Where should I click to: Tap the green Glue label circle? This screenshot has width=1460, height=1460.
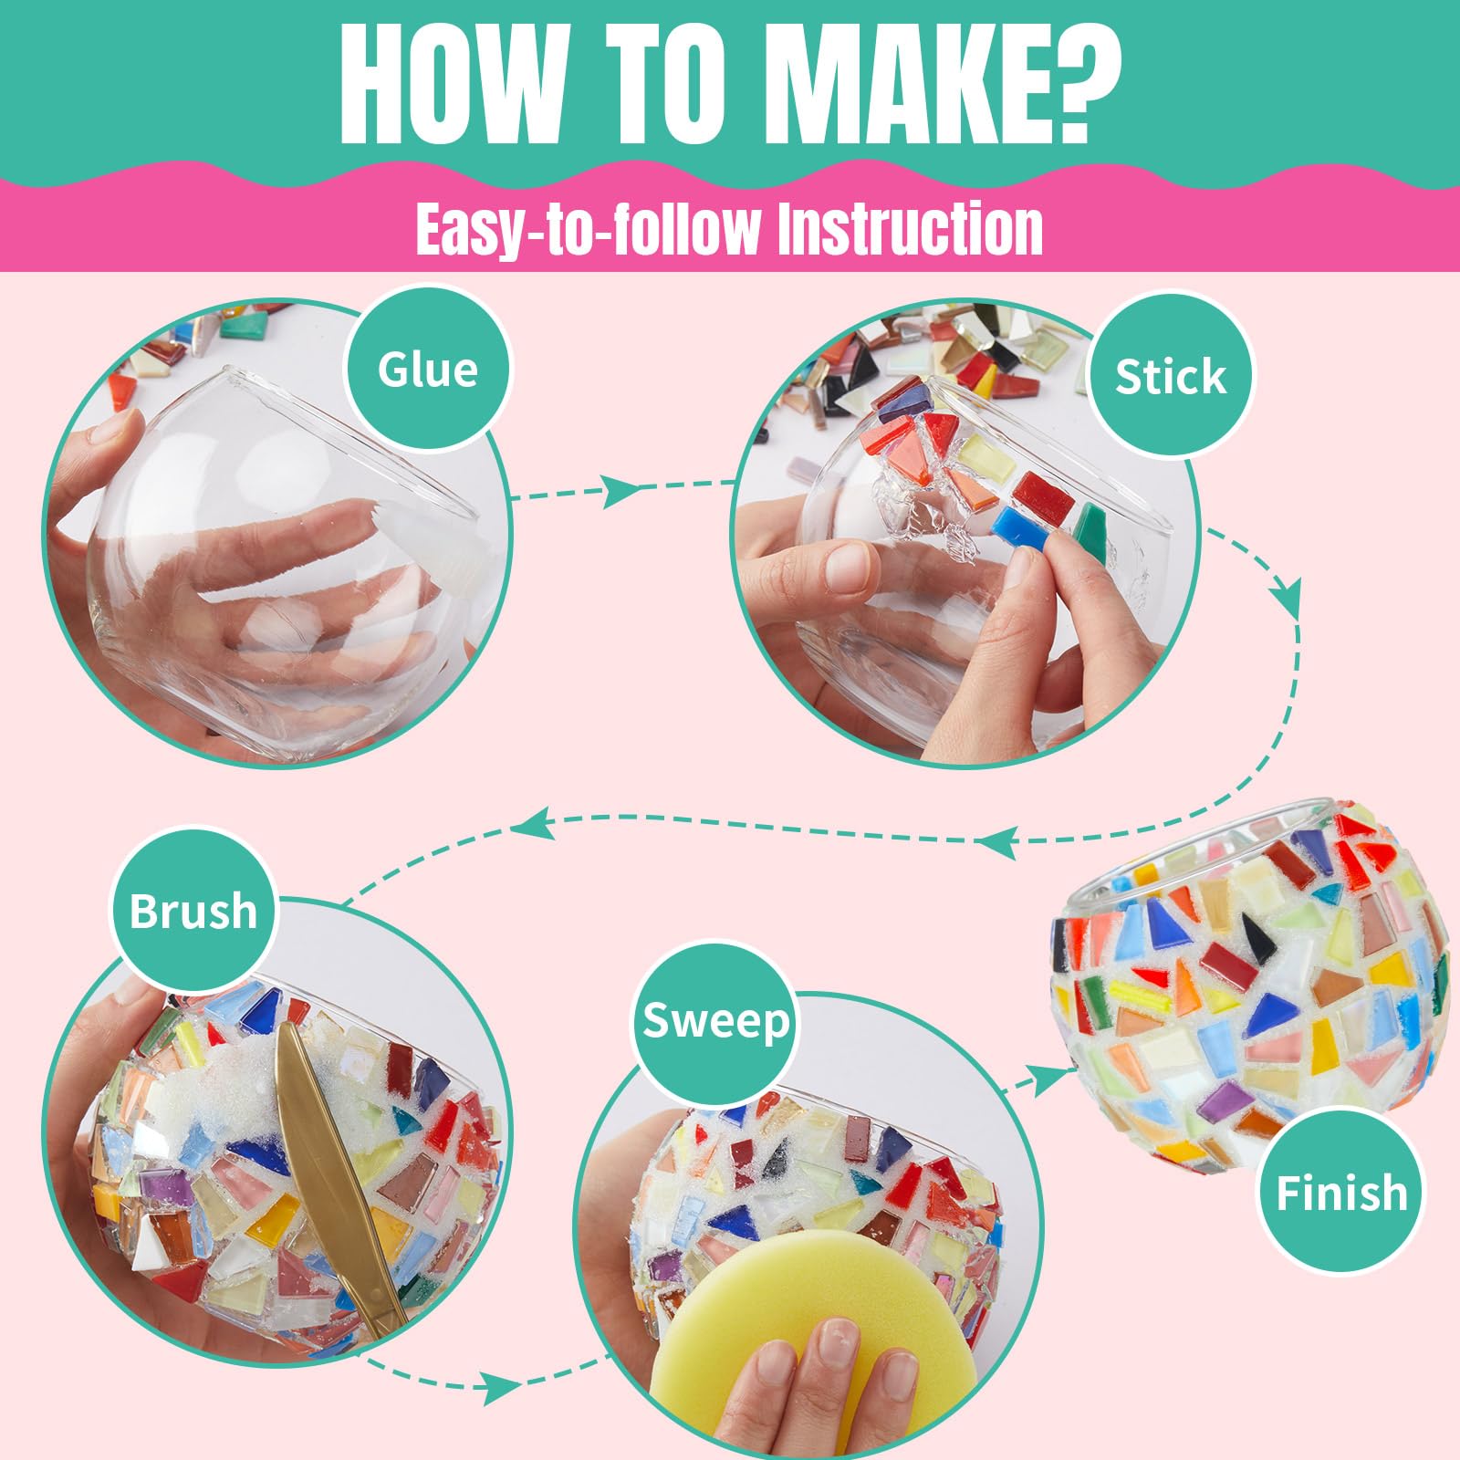[428, 368]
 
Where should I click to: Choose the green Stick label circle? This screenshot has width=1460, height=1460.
[1171, 375]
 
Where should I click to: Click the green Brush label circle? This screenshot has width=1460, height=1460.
[193, 910]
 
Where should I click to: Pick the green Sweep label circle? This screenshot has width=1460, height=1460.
[715, 1019]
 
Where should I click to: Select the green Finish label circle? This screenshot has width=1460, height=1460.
[1341, 1192]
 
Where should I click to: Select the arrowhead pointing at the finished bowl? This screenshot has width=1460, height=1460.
[1059, 1078]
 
